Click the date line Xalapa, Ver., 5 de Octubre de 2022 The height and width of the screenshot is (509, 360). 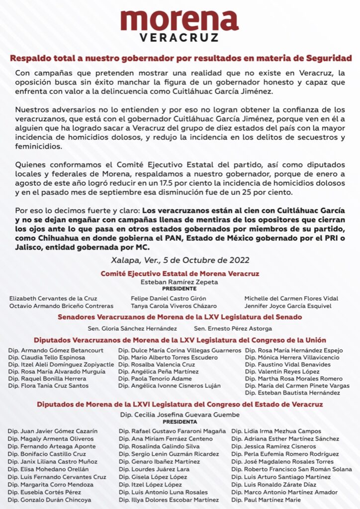(x=180, y=260)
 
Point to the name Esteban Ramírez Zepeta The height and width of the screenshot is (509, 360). (x=180, y=281)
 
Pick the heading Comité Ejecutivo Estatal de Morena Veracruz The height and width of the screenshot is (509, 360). (x=180, y=273)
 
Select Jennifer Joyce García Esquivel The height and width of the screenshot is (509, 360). (x=291, y=306)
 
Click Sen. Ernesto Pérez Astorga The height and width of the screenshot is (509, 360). (x=233, y=329)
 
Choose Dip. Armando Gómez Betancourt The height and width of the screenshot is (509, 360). (x=57, y=350)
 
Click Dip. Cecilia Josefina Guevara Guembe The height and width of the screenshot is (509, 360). (x=180, y=415)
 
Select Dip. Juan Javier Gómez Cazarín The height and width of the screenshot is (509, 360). (x=53, y=430)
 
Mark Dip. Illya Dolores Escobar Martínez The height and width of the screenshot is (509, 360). (x=169, y=500)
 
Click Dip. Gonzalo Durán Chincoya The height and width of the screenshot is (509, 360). (x=50, y=500)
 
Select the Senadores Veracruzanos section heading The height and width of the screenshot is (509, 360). (x=180, y=317)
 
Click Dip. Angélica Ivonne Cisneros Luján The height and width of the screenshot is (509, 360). (x=169, y=386)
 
